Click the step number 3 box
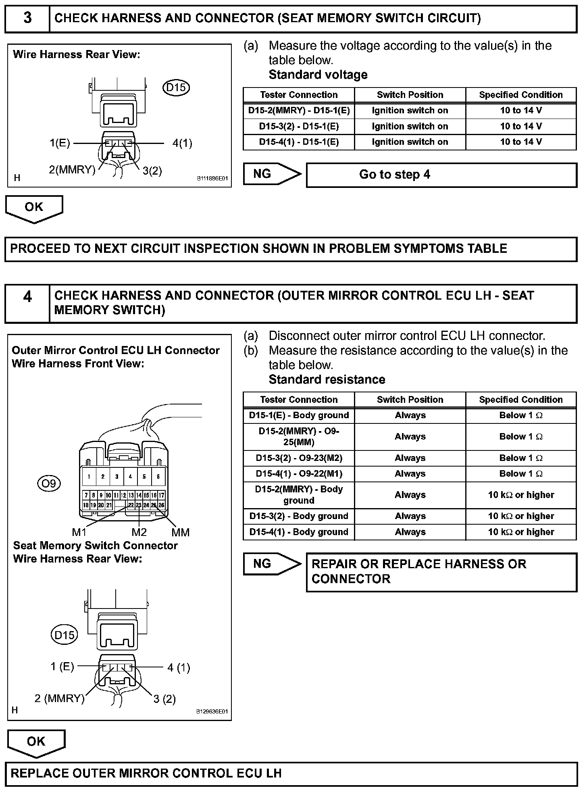27,19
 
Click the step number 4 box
27,303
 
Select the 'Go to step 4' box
441,175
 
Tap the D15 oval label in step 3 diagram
176,88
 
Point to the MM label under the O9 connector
180,532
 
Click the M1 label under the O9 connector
79,532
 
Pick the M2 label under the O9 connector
139,532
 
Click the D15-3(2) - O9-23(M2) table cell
299,458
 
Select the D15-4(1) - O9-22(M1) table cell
299,474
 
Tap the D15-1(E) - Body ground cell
299,415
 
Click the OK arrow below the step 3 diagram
34,208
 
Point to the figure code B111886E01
212,178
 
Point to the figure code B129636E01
212,711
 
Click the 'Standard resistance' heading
327,379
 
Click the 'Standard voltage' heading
318,75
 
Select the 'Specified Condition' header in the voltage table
520,95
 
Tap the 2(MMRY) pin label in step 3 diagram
72,170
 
